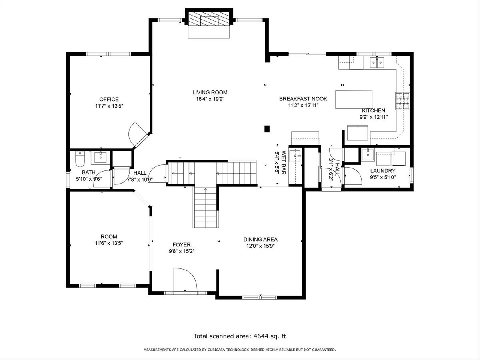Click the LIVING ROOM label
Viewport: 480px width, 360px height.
click(210, 92)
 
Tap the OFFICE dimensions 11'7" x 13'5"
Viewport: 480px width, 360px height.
click(109, 106)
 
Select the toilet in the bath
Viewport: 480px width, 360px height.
click(80, 159)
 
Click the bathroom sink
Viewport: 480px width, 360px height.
click(100, 158)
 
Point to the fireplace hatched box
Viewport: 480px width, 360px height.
click(209, 18)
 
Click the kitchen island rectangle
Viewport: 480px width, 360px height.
click(354, 99)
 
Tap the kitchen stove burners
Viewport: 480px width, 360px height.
click(402, 101)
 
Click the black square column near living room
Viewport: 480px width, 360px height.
click(267, 129)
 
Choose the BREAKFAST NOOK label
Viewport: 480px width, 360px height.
click(303, 98)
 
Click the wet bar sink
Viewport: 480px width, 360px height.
click(295, 156)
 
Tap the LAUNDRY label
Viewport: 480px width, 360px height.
click(383, 170)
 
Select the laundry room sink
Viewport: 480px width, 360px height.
click(368, 154)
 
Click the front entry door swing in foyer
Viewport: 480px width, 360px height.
click(186, 279)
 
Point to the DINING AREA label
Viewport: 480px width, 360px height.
click(260, 239)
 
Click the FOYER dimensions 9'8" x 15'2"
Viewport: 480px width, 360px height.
click(182, 251)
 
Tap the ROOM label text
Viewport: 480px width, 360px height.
click(109, 236)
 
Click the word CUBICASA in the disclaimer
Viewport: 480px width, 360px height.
click(220, 350)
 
